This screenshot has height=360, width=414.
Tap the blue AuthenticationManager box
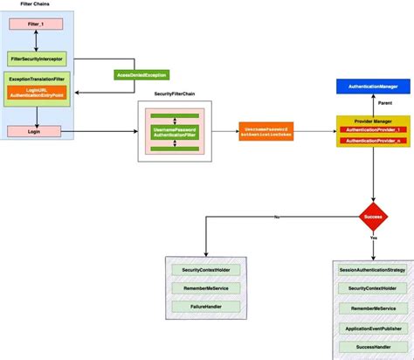point(373,87)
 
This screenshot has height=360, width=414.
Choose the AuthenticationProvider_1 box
point(373,129)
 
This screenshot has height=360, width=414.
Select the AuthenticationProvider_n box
point(373,140)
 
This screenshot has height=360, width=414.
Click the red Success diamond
point(373,215)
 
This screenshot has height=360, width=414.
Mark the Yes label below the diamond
point(373,237)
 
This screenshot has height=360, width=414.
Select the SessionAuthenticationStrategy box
point(373,270)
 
